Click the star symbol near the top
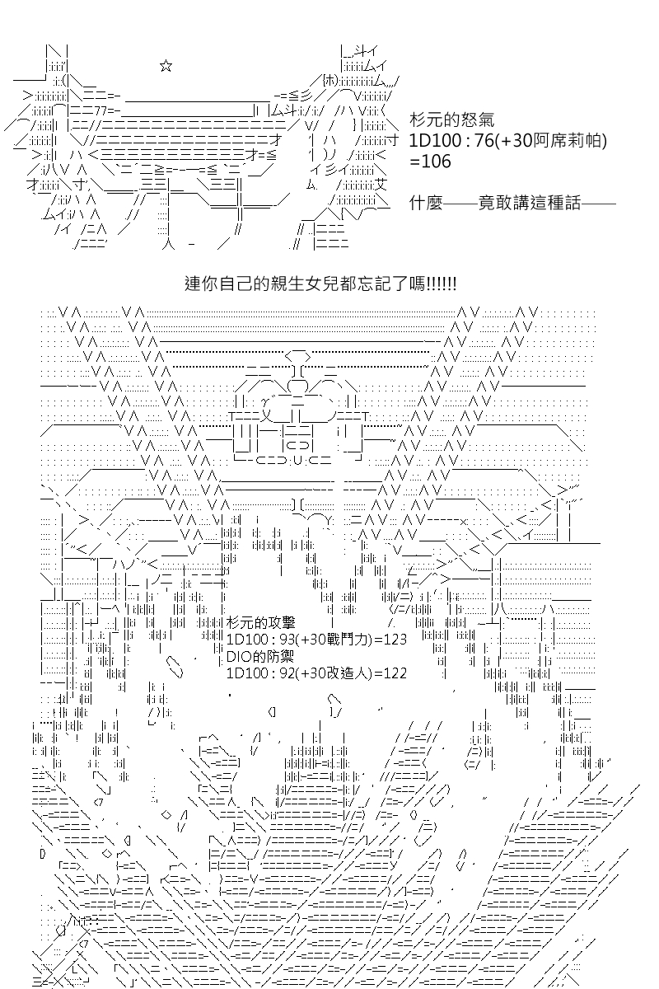click(166, 66)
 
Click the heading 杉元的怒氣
click(452, 120)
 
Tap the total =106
click(430, 162)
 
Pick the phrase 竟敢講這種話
click(530, 203)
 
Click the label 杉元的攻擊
click(261, 623)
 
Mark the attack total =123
click(390, 640)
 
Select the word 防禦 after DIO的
click(279, 657)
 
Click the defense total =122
click(390, 673)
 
